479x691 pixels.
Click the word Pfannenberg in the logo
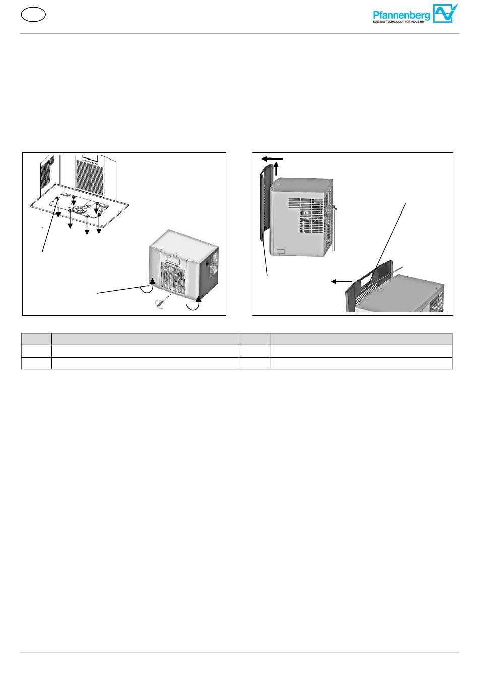point(401,16)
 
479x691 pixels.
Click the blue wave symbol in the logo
point(445,13)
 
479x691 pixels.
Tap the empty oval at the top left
point(34,15)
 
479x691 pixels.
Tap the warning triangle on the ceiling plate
point(88,204)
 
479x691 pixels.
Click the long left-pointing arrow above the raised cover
point(272,159)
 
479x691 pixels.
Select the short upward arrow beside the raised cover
point(277,169)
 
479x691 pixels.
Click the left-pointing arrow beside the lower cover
point(341,281)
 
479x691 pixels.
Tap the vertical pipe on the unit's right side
point(333,228)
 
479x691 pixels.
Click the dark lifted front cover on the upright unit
point(266,202)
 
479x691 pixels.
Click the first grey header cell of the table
point(36,339)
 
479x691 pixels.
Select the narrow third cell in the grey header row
point(255,339)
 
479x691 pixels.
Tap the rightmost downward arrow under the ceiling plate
point(99,222)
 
